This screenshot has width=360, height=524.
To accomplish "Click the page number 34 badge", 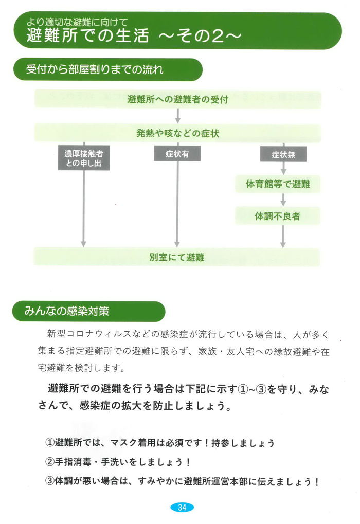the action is pos(182,507).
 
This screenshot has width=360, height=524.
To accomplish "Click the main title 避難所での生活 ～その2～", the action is pos(134,36).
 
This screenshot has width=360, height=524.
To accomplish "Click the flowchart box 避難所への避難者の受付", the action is pos(177,99).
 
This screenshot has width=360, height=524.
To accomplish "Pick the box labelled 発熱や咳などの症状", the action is pos(177,133).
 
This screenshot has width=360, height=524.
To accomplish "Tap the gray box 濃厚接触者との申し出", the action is pos(84,158).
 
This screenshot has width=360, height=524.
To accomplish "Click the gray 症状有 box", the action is pos(177,154).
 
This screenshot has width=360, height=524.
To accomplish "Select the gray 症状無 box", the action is pos(283,154).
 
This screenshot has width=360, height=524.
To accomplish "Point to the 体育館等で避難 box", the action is pos(278,184).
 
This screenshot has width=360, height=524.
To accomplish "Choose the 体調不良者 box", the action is pos(278,216).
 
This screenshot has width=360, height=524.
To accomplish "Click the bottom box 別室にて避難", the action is pos(177,257).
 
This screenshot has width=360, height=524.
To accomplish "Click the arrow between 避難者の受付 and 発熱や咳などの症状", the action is pos(178,116).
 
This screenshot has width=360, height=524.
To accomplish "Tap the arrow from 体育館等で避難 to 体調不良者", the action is pos(283,200).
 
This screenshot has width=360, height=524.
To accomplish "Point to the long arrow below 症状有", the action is pos(177,204).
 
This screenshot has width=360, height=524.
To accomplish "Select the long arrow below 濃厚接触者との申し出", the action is pos(83,209).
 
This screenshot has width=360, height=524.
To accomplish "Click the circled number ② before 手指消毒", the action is pos(50,462).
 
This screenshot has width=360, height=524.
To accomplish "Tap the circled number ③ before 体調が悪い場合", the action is pos(50,481).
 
